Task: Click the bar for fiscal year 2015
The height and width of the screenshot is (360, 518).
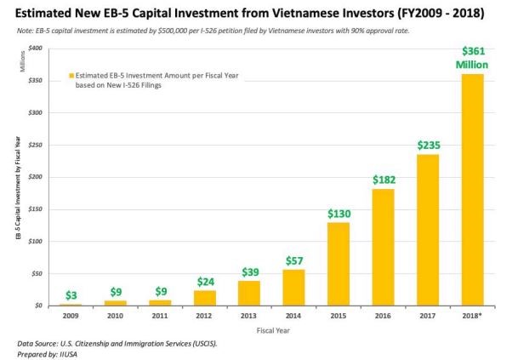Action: coord(339,264)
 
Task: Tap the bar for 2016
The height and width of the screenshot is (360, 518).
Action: coord(383,247)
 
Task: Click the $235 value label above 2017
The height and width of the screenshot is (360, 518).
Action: coord(428,146)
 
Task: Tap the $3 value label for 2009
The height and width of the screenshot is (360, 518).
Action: coord(72,295)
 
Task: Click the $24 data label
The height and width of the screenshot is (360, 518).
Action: coord(205,281)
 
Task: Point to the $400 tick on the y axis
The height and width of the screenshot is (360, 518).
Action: coord(37,49)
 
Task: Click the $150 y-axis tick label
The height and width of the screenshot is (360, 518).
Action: coord(37,209)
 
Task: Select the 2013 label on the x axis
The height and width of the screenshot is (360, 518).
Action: coord(249,315)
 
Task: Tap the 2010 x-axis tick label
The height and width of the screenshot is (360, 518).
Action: coord(117,315)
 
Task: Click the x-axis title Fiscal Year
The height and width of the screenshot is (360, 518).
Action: coord(271,330)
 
